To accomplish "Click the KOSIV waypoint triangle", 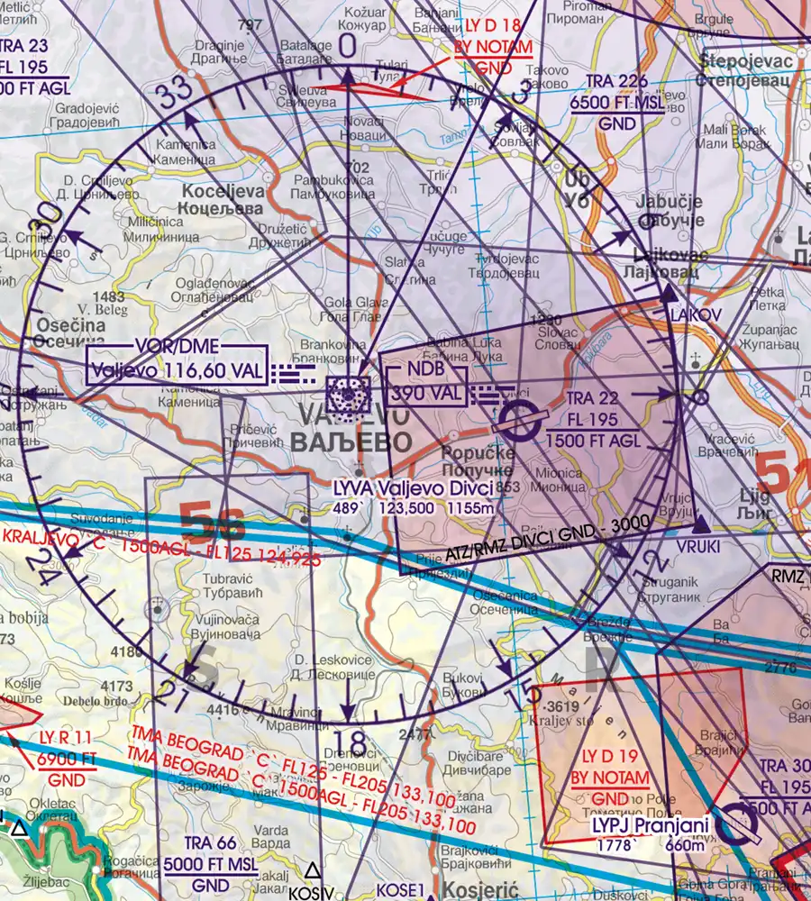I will [x=312, y=870].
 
